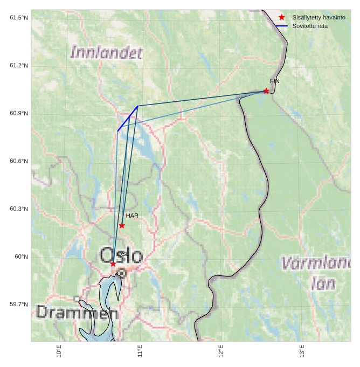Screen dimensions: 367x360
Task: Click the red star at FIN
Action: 266,91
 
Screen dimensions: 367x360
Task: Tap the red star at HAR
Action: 122,226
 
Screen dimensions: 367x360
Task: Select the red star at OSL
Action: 113,264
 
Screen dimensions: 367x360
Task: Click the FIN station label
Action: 275,81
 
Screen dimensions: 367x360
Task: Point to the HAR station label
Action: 132,216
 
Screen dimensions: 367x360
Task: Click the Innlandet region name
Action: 107,52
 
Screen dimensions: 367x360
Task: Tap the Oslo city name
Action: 122,255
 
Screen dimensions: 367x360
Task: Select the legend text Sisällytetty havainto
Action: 319,18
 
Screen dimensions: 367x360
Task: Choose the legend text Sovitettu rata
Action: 310,26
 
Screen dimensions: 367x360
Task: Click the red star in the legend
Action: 281,18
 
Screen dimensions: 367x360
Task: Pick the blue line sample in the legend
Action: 281,26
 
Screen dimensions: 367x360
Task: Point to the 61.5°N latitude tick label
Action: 19,18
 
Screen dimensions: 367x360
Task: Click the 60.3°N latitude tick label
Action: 19,209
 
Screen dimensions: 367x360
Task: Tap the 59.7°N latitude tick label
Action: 19,304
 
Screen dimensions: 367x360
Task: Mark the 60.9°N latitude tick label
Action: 19,114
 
